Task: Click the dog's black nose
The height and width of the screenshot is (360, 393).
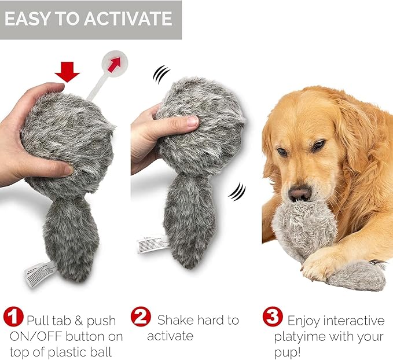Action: [x=299, y=193]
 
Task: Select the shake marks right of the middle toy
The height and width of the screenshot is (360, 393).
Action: [x=236, y=191]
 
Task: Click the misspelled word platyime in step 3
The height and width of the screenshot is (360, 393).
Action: [x=296, y=337]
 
